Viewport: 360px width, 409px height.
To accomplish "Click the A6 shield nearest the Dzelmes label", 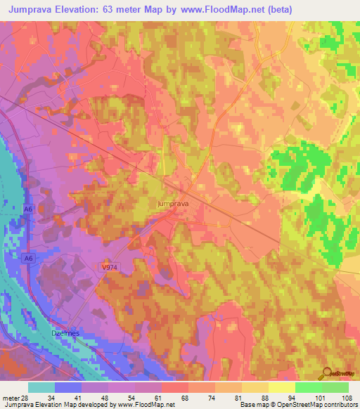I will [x=28, y=259].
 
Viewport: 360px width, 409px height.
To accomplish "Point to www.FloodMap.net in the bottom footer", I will [x=146, y=405].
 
